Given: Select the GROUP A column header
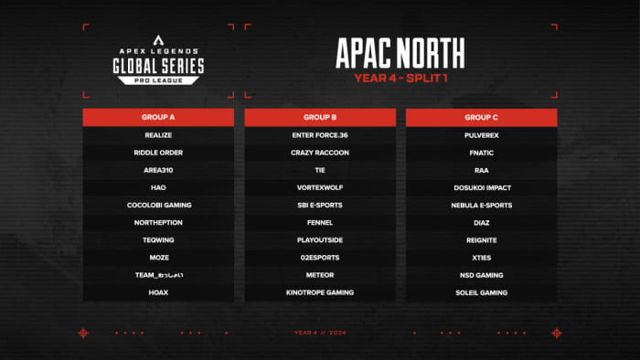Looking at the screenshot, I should click(158, 118).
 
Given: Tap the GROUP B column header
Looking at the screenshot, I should click(320, 118).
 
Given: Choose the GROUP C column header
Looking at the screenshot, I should click(481, 118).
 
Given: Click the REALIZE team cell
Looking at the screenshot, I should click(158, 135).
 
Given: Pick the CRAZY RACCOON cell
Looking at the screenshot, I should click(320, 153).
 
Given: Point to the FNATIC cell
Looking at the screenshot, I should click(481, 153).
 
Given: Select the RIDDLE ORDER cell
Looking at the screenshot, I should click(158, 153).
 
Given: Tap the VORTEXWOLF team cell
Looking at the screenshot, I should click(320, 187).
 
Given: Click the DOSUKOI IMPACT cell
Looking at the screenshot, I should click(481, 187).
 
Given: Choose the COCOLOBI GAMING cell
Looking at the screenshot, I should click(158, 205).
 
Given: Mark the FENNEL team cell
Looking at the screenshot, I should click(320, 222).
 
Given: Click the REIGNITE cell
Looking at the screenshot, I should click(481, 239).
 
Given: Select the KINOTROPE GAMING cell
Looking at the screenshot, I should click(320, 292).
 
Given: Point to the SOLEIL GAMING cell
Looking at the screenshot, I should click(481, 292).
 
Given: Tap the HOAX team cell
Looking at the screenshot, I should click(158, 292).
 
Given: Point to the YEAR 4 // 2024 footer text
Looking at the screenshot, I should click(319, 333).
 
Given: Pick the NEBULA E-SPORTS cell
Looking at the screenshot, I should click(481, 205).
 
